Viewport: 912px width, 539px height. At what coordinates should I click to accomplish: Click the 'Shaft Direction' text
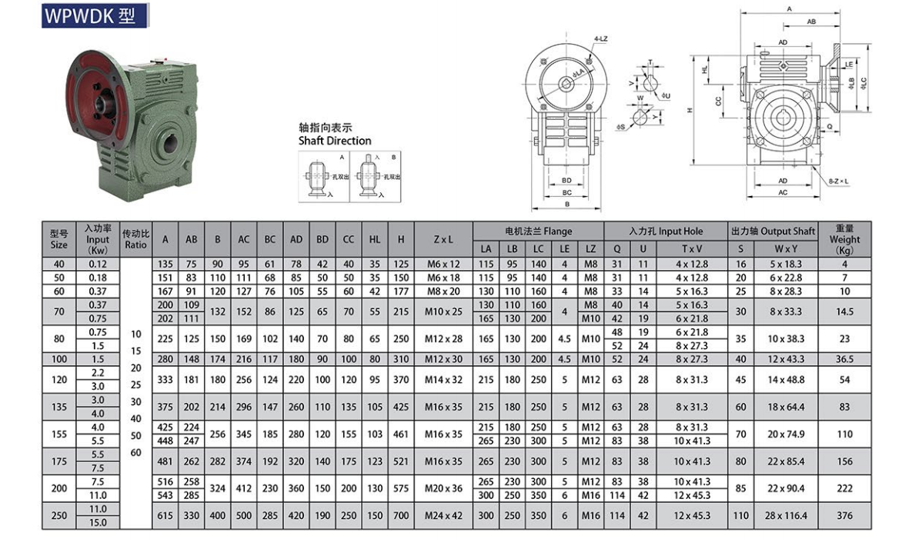coord(335,141)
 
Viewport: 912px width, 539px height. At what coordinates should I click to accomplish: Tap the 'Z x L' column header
coord(443,240)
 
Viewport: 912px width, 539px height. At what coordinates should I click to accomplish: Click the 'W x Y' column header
coord(786,248)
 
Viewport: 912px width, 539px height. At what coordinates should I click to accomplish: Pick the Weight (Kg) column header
coord(844,239)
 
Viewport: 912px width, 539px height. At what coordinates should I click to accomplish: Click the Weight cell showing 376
coord(844,515)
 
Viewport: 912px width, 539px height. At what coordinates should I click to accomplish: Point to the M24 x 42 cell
coord(443,515)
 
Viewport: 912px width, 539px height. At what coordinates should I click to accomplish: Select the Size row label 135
coord(59,407)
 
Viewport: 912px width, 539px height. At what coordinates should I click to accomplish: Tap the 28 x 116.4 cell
coord(786,515)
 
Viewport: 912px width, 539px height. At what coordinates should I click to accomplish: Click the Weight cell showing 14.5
coord(844,311)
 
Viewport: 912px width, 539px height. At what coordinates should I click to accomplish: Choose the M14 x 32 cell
coord(443,380)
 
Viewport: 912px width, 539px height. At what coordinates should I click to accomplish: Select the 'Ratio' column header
coord(136,239)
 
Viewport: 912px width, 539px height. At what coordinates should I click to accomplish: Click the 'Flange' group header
coord(538,231)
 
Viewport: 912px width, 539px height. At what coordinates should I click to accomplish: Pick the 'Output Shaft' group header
coord(772,231)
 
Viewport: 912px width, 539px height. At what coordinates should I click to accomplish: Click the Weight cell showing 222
coord(844,488)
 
